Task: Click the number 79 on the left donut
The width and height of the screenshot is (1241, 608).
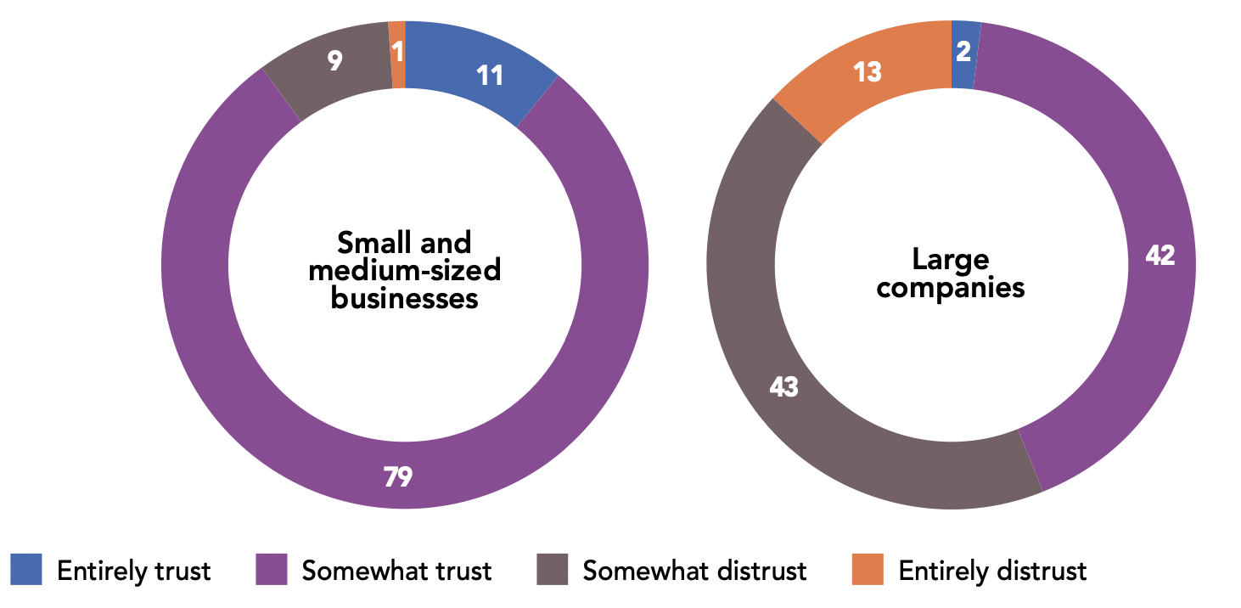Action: (x=397, y=477)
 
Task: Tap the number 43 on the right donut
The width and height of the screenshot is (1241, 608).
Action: (x=783, y=387)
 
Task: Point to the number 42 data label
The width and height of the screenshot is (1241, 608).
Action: (x=1160, y=256)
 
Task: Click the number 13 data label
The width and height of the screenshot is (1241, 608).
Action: (x=868, y=73)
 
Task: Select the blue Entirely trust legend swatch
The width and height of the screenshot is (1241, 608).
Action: (x=26, y=569)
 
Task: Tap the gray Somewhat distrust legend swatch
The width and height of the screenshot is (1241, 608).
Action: (x=552, y=569)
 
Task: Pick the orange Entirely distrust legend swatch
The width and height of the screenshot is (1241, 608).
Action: (x=868, y=569)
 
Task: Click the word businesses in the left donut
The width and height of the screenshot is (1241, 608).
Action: (x=404, y=299)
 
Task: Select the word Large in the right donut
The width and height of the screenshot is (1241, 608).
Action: (x=951, y=259)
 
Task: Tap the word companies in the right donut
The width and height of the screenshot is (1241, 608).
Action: (x=951, y=287)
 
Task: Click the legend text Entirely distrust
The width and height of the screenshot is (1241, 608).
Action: (x=992, y=571)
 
